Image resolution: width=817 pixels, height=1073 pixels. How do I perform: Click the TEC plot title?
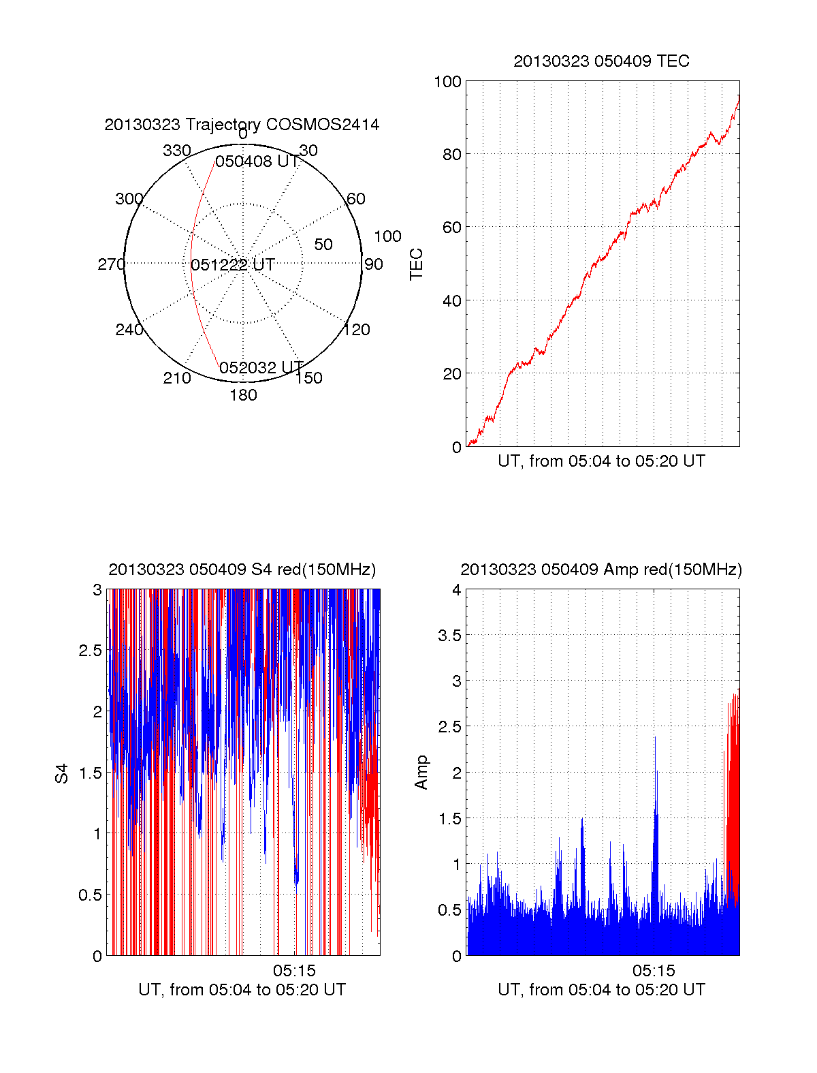tap(601, 61)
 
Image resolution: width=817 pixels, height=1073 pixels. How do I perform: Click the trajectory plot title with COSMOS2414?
tap(242, 125)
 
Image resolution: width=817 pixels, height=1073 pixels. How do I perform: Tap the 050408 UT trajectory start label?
tap(257, 161)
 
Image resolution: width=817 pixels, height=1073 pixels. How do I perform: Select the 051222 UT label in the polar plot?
tap(233, 265)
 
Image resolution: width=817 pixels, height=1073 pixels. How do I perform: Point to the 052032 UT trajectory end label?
tap(261, 368)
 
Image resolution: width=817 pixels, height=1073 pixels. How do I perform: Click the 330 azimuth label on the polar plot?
tap(176, 151)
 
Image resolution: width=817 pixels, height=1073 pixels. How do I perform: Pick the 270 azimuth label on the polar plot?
tap(111, 264)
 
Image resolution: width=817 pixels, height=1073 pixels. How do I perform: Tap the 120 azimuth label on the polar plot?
tap(357, 330)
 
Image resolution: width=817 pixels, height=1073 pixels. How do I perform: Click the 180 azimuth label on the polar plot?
tap(243, 395)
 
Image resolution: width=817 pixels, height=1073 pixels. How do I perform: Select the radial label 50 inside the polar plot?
tap(323, 245)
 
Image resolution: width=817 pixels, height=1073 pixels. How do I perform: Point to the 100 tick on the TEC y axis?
tap(447, 82)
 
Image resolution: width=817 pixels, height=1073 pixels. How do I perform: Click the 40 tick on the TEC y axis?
tap(452, 300)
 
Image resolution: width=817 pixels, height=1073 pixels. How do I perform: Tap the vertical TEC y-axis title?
tap(417, 264)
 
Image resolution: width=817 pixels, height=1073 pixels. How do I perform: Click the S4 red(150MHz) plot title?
tap(242, 570)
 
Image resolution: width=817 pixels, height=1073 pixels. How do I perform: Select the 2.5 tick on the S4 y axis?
tap(90, 651)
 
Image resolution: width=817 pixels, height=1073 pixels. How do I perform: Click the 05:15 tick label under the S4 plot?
tap(294, 970)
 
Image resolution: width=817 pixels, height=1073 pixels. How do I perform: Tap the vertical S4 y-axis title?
tap(62, 773)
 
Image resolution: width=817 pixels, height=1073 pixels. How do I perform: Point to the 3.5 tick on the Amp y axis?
tap(449, 636)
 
